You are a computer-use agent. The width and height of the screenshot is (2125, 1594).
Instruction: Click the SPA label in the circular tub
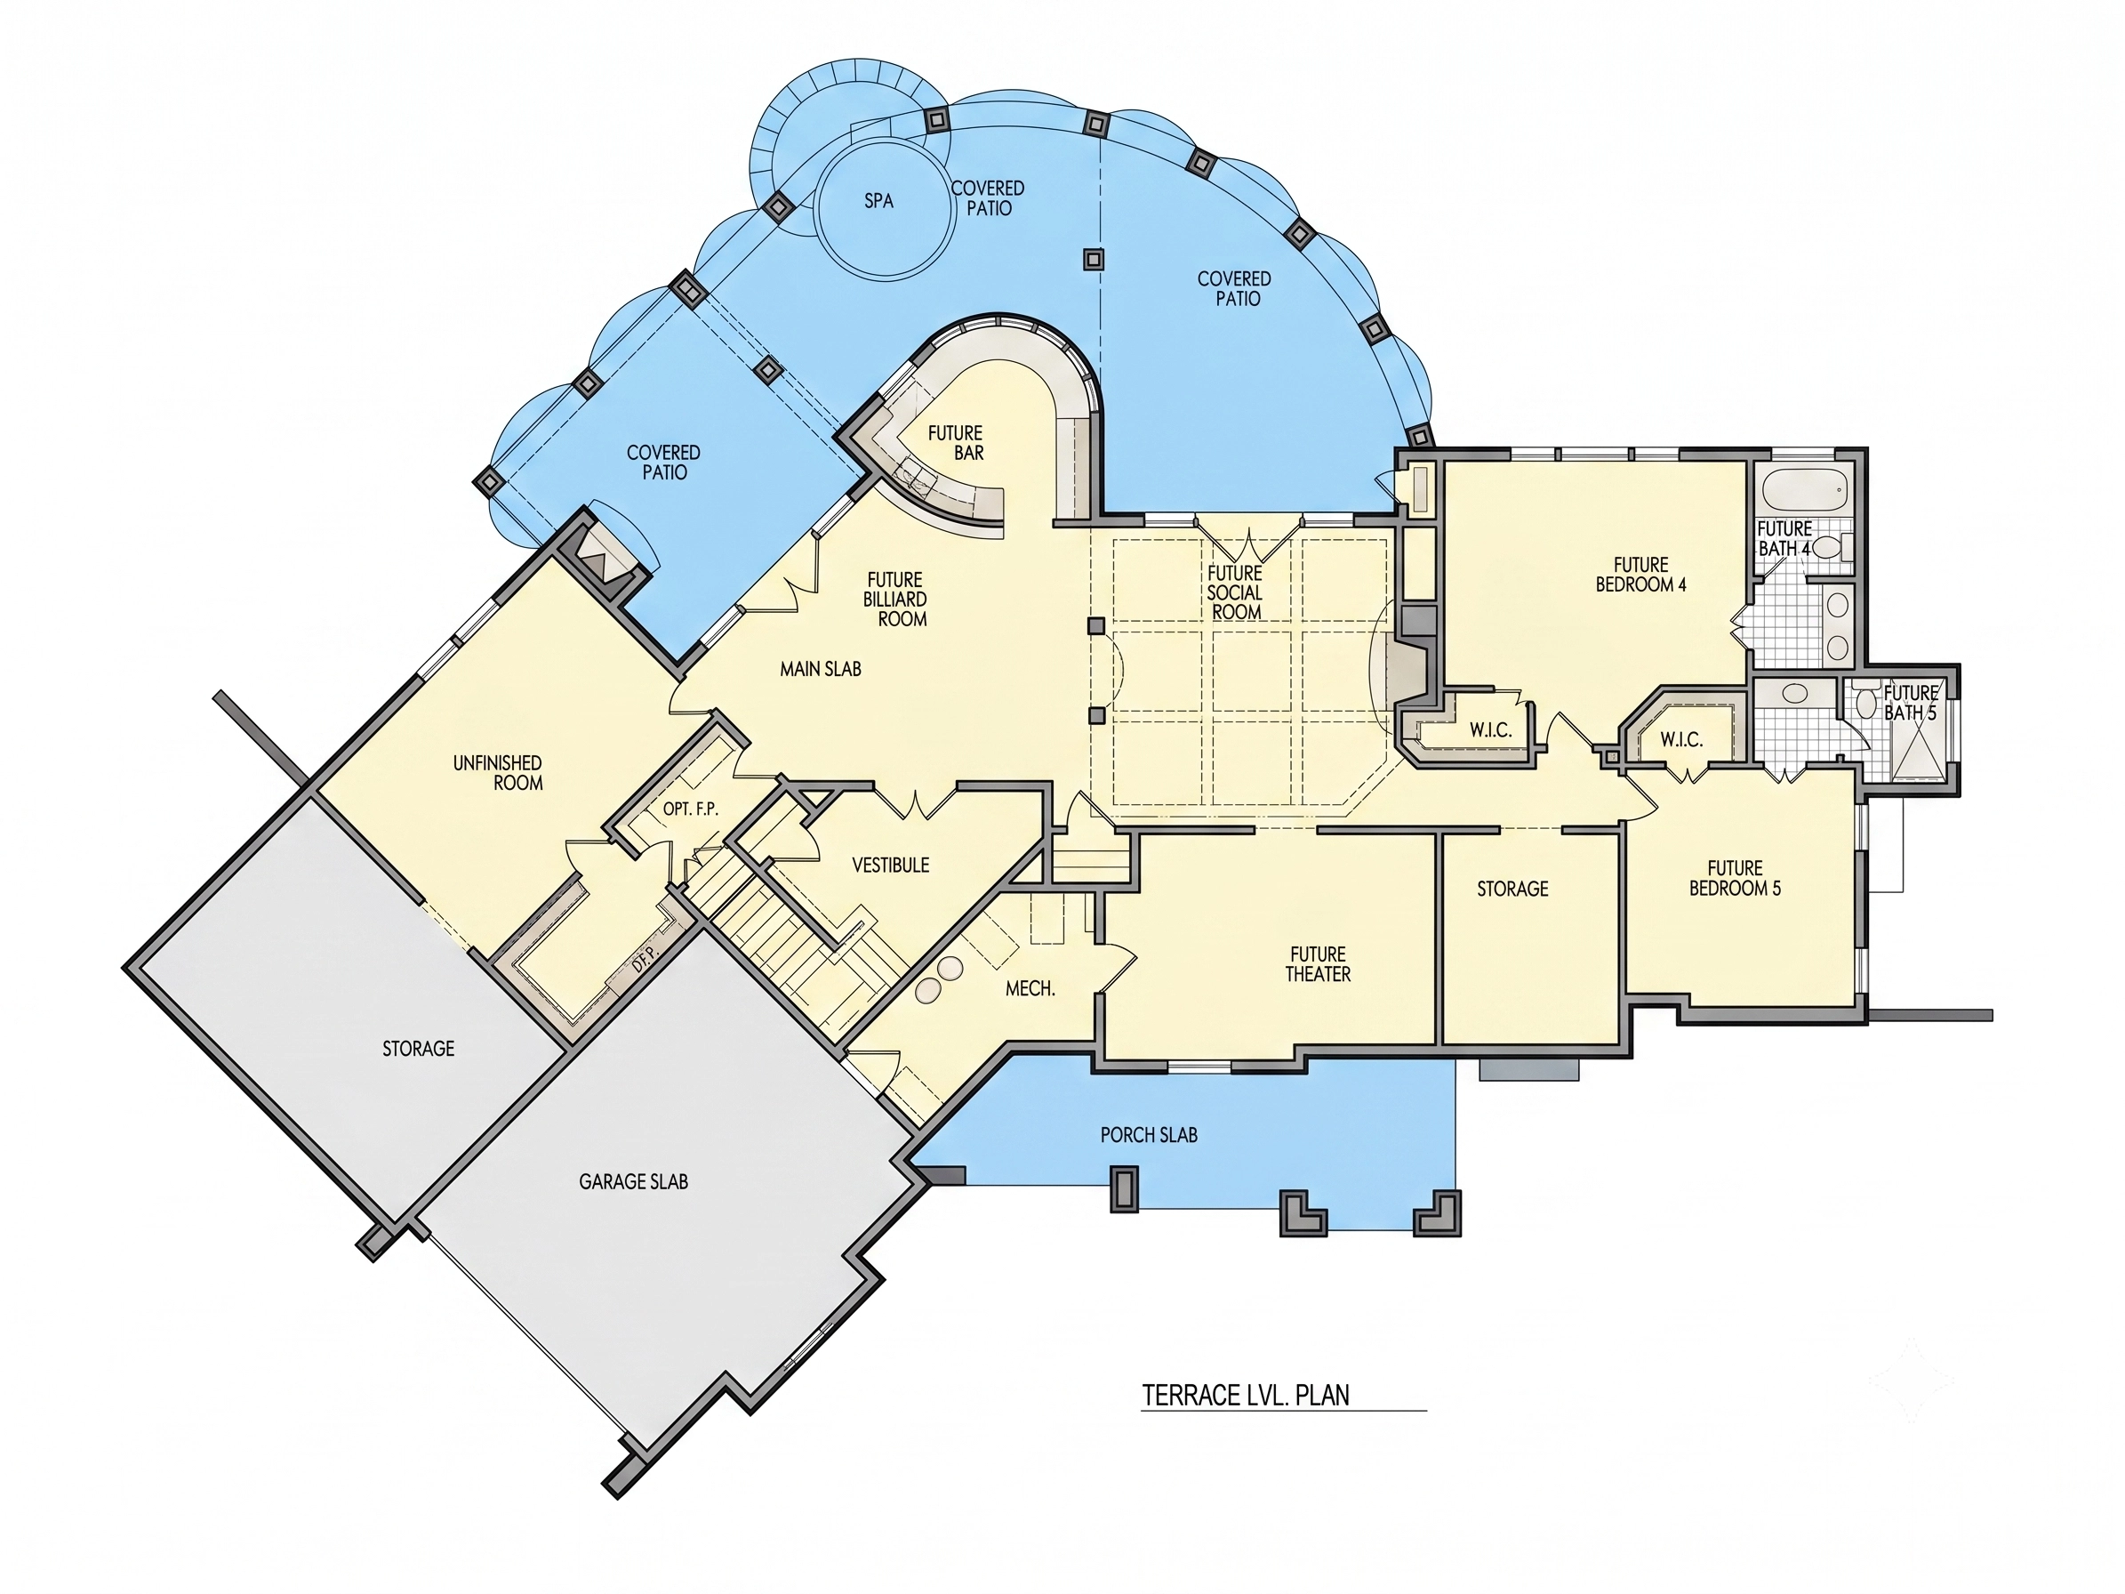(879, 201)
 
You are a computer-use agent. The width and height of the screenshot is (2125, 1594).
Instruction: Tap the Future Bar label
(956, 443)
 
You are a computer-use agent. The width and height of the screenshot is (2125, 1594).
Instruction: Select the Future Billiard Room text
(895, 600)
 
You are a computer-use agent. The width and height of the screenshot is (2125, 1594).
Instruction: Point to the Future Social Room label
(1235, 592)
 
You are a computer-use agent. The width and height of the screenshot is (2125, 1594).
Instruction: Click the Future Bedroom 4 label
(1640, 575)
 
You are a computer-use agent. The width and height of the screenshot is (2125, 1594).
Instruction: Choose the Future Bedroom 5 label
(1735, 879)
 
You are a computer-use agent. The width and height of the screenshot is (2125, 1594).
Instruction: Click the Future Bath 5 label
(1911, 703)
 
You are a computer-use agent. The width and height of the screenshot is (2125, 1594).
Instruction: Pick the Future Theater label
(1318, 963)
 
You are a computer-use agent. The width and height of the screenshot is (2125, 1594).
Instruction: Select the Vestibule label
(891, 865)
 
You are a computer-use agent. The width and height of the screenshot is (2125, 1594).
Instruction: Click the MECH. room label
(1030, 987)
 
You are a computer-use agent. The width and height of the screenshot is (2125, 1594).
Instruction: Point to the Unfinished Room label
(498, 772)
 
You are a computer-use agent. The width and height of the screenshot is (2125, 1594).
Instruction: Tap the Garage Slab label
(633, 1181)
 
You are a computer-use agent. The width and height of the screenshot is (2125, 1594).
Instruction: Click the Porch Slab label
(1149, 1135)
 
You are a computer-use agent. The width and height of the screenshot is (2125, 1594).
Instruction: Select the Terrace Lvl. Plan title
(1245, 1394)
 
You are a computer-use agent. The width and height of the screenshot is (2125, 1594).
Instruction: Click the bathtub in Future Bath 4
(1802, 492)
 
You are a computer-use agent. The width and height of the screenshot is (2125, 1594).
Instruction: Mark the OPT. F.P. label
(690, 809)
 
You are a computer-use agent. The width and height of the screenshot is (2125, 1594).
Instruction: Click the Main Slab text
(821, 669)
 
